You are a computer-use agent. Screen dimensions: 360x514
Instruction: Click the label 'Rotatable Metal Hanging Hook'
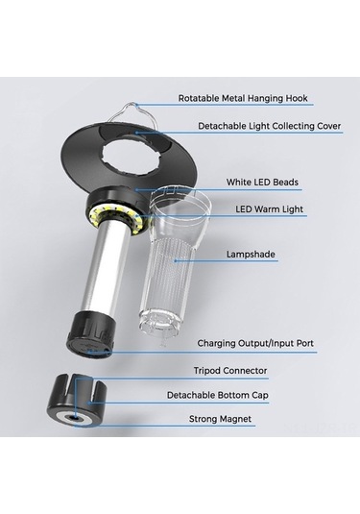pyautogui.click(x=243, y=98)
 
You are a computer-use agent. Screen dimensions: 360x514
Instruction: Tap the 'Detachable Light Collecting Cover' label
pyautogui.click(x=269, y=126)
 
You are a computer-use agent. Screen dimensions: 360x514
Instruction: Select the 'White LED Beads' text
pyautogui.click(x=262, y=182)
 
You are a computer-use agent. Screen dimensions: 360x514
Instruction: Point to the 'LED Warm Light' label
pyautogui.click(x=269, y=209)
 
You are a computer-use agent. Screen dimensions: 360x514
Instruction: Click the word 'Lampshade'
pyautogui.click(x=251, y=255)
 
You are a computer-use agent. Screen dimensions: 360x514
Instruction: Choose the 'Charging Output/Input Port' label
pyautogui.click(x=255, y=343)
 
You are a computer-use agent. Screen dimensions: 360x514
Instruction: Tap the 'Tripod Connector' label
pyautogui.click(x=230, y=371)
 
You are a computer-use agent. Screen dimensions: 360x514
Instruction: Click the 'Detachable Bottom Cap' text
pyautogui.click(x=218, y=395)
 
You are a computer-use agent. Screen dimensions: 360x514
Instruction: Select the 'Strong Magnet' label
pyautogui.click(x=220, y=419)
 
